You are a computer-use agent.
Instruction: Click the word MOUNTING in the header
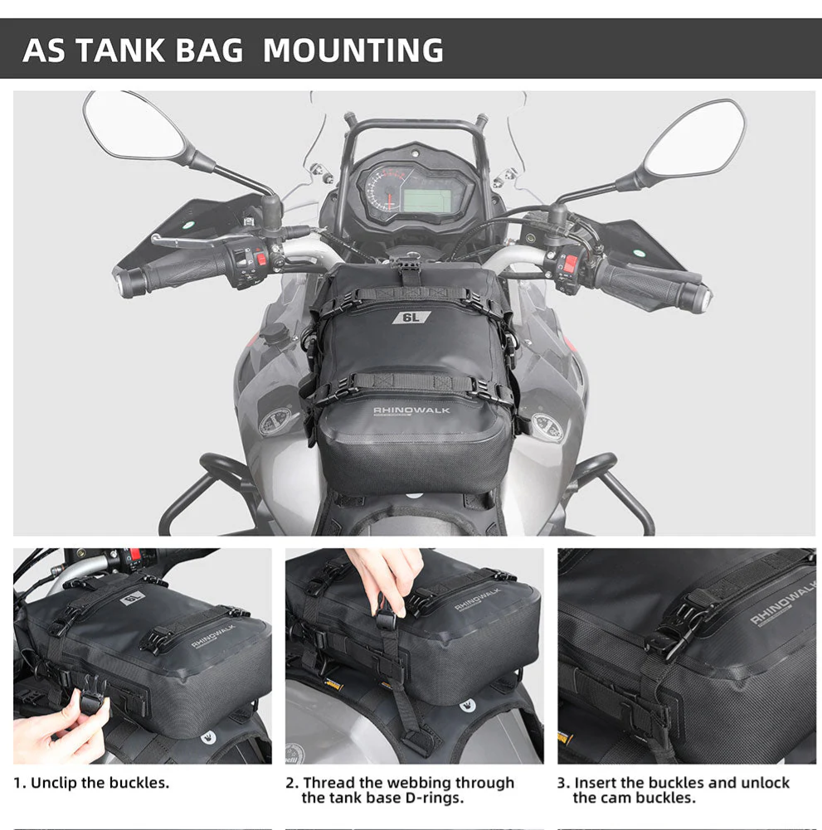[x=353, y=51]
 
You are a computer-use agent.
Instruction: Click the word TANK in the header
[x=120, y=51]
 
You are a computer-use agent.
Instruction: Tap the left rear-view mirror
[x=134, y=126]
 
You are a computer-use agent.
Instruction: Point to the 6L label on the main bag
[x=411, y=318]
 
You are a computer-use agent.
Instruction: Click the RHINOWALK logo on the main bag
[x=411, y=410]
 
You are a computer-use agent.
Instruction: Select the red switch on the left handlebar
[x=261, y=259]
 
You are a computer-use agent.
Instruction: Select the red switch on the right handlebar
[x=569, y=265]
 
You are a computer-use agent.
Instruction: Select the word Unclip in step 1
[x=53, y=783]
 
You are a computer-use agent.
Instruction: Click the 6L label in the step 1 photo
[x=133, y=599]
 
